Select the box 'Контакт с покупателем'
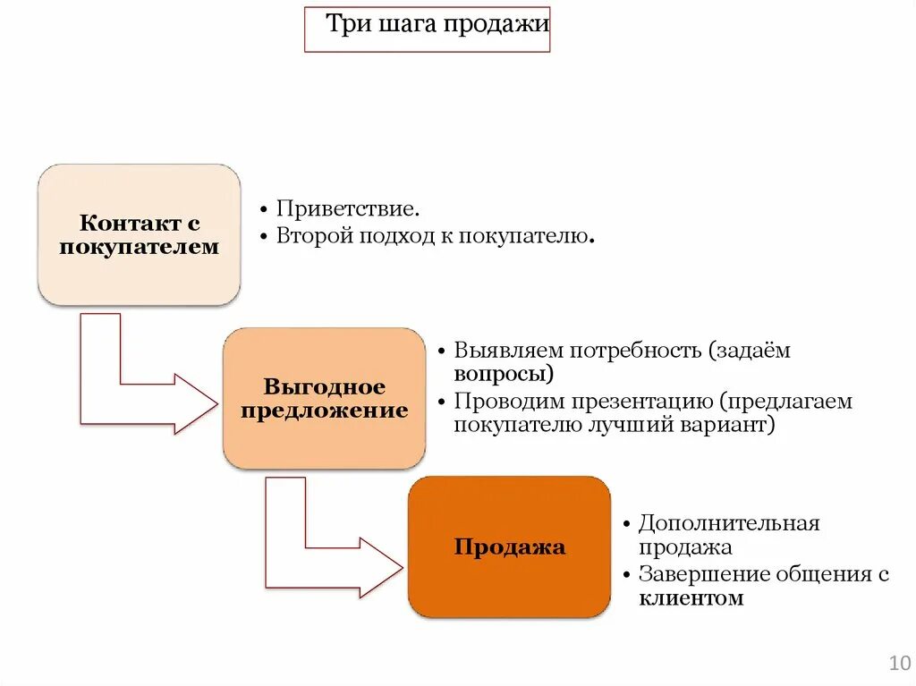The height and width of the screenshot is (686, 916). pyautogui.click(x=139, y=234)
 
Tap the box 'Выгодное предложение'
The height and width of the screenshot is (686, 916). pyautogui.click(x=324, y=399)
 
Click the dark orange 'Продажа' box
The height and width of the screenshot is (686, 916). pyautogui.click(x=509, y=546)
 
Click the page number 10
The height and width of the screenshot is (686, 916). pyautogui.click(x=899, y=663)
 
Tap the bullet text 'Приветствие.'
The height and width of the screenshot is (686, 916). pyautogui.click(x=347, y=209)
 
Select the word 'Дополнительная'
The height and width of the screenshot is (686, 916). pyautogui.click(x=728, y=523)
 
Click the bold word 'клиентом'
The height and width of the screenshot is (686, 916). pyautogui.click(x=691, y=598)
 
